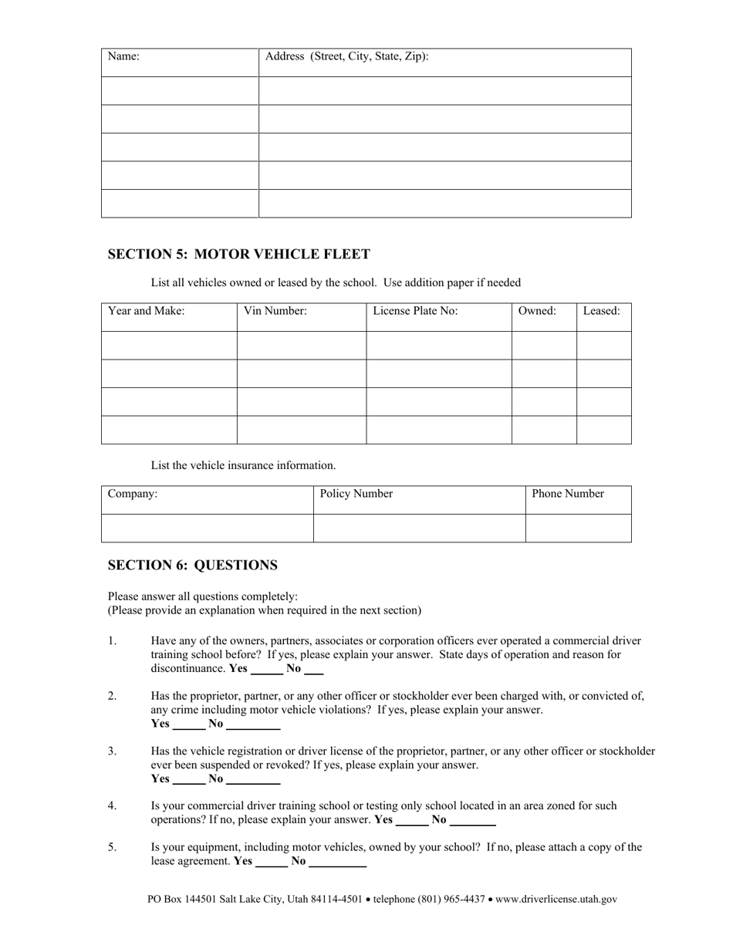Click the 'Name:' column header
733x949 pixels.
(123, 56)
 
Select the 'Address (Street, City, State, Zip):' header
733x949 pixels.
(346, 56)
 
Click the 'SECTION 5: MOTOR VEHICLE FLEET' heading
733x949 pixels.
(238, 254)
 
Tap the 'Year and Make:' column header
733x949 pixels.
(146, 311)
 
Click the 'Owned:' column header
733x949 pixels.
(537, 311)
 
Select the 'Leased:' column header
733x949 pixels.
(601, 311)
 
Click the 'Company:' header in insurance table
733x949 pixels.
(133, 494)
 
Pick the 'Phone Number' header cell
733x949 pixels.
(568, 494)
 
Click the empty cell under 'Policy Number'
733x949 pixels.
(419, 529)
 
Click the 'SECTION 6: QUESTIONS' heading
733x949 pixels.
(192, 565)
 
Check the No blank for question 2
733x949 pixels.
(253, 724)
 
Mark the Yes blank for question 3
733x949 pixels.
(189, 780)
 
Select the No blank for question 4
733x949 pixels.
(472, 821)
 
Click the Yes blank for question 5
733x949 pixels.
(272, 862)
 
